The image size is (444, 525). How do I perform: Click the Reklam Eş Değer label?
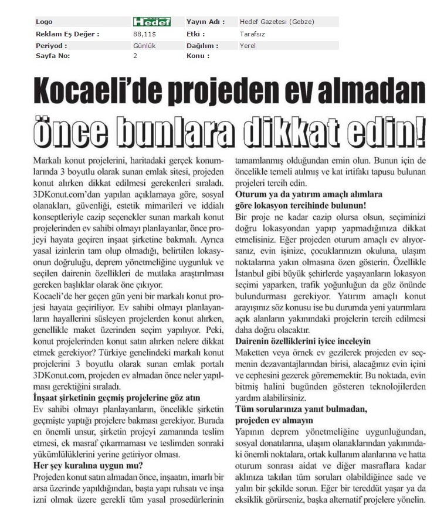click(x=67, y=34)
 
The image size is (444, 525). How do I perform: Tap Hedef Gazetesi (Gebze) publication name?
click(x=277, y=22)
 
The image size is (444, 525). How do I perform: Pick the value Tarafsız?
click(x=253, y=34)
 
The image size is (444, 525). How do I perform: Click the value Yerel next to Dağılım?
click(x=248, y=45)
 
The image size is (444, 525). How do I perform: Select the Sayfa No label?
click(x=53, y=56)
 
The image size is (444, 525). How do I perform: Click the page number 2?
click(x=135, y=56)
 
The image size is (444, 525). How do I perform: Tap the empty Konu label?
click(x=198, y=56)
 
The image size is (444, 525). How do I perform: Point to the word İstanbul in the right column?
click(x=253, y=274)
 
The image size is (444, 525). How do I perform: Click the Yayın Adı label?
click(x=205, y=22)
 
